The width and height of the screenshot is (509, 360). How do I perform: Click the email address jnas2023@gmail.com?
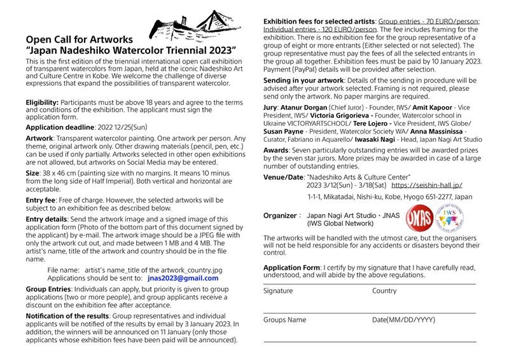(183, 278)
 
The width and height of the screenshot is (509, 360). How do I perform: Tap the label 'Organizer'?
(281, 216)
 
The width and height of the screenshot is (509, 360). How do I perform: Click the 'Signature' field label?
(278, 291)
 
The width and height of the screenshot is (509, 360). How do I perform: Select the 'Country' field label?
(385, 291)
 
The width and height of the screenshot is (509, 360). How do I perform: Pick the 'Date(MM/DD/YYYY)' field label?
(404, 320)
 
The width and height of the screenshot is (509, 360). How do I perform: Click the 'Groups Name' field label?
(284, 320)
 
